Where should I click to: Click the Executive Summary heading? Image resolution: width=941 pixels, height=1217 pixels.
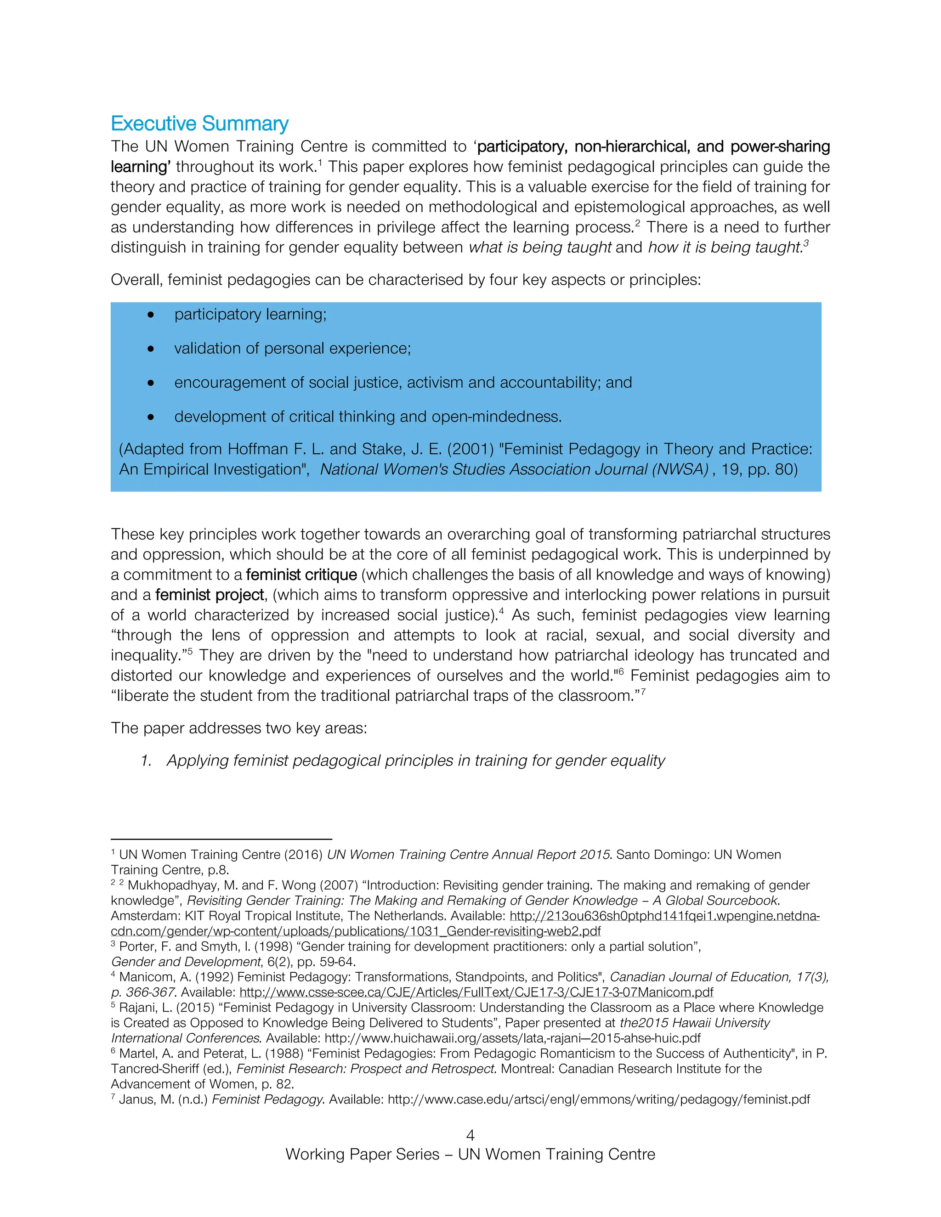[199, 123]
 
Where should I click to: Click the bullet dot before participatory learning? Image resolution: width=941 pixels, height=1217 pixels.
[151, 315]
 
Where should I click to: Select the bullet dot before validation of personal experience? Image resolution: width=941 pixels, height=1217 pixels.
[151, 349]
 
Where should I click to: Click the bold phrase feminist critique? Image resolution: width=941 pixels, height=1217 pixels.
[301, 575]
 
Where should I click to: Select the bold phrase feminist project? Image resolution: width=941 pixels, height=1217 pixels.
[210, 595]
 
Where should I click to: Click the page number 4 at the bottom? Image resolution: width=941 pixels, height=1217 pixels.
[470, 1135]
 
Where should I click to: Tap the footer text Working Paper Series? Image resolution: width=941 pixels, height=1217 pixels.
[363, 1154]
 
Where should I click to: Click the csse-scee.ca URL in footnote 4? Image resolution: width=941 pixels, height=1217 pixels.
[476, 992]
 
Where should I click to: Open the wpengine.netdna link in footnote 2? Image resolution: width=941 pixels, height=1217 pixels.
[664, 916]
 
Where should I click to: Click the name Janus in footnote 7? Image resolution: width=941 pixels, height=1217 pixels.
[136, 1099]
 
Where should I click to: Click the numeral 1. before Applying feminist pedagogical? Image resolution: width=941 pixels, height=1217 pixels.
[146, 761]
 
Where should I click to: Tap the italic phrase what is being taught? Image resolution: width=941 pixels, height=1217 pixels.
[539, 247]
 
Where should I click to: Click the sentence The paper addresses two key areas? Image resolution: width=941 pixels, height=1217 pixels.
[238, 728]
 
